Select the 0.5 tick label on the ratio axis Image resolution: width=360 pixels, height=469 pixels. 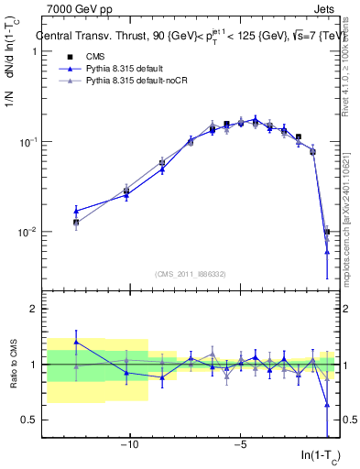pos(27,420)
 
